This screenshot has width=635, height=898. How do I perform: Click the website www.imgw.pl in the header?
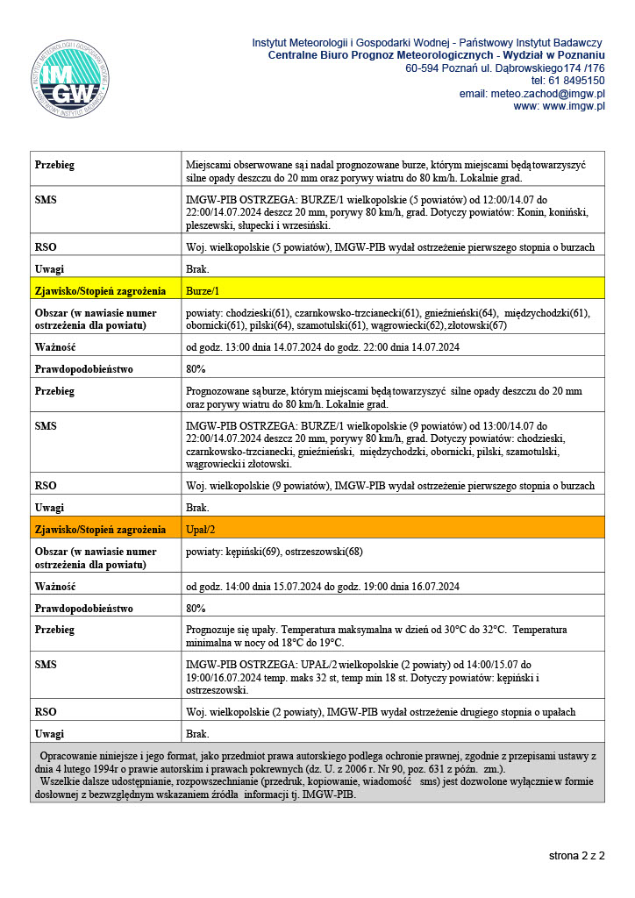click(x=572, y=106)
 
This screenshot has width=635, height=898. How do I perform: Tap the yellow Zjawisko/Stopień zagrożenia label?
click(x=100, y=290)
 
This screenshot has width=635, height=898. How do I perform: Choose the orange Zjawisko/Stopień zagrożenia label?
click(x=100, y=530)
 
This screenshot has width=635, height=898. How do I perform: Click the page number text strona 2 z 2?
click(x=576, y=855)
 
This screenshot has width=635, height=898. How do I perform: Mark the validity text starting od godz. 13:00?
click(x=323, y=347)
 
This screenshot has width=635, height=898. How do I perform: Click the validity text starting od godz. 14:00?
click(x=323, y=587)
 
